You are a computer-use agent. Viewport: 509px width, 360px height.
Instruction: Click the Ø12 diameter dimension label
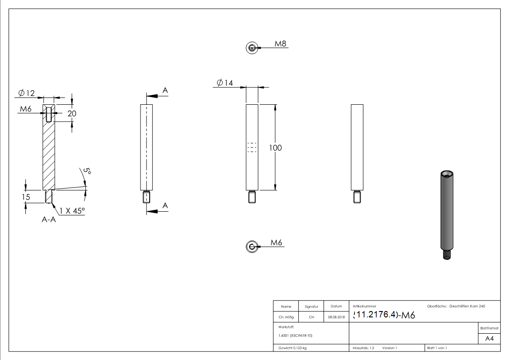tap(27, 93)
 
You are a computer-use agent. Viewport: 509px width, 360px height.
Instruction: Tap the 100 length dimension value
tap(275, 148)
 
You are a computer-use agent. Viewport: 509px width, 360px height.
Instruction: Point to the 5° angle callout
tap(87, 172)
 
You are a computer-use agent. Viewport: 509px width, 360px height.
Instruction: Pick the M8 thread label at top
tap(281, 44)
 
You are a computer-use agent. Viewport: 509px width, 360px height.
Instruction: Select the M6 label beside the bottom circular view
tap(276, 243)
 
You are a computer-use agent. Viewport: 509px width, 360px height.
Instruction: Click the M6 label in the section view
tap(25, 109)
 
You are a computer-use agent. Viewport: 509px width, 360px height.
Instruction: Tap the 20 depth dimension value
tap(72, 114)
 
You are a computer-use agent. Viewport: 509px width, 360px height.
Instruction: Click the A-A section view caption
tap(49, 219)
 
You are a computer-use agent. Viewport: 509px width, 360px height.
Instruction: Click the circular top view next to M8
tap(252, 48)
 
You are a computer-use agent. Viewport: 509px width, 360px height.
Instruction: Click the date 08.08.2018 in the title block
tap(336, 317)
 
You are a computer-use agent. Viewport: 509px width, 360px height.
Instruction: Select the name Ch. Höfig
tap(286, 317)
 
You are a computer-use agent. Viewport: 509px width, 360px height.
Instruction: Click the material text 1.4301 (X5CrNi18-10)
tap(296, 336)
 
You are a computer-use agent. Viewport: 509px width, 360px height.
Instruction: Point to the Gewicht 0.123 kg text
tap(292, 348)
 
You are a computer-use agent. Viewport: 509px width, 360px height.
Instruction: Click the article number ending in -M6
tap(383, 315)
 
